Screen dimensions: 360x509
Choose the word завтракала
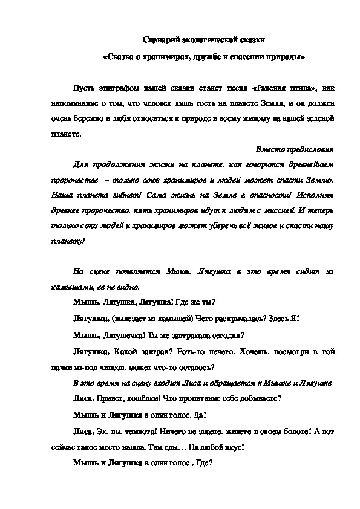coord(182,335)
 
